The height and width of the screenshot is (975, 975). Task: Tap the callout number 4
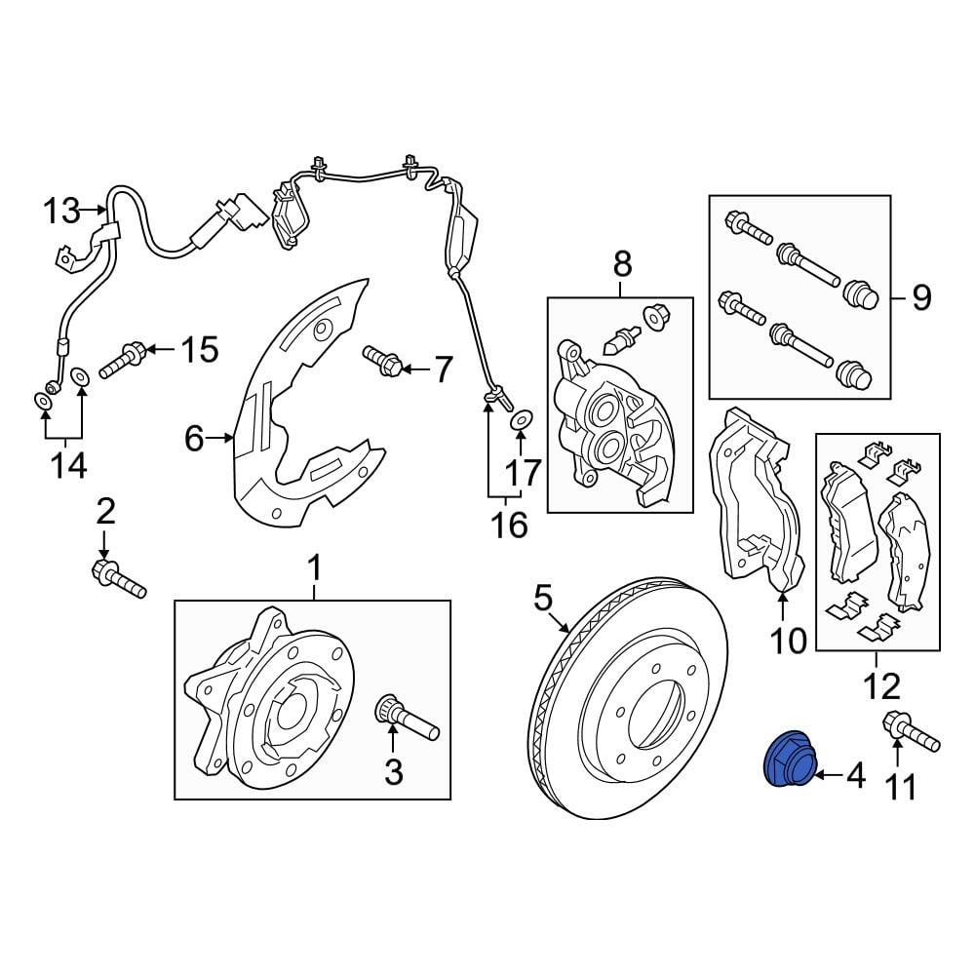click(855, 776)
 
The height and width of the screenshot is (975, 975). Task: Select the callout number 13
click(59, 210)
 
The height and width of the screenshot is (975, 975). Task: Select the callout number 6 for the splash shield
click(194, 440)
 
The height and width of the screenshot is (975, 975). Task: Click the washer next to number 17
click(522, 420)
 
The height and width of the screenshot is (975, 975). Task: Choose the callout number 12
click(882, 687)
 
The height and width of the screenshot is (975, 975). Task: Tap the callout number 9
click(922, 296)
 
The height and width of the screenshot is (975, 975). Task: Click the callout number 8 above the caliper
click(622, 262)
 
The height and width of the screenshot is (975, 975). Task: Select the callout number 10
click(788, 641)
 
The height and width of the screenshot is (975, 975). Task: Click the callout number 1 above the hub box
click(314, 565)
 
